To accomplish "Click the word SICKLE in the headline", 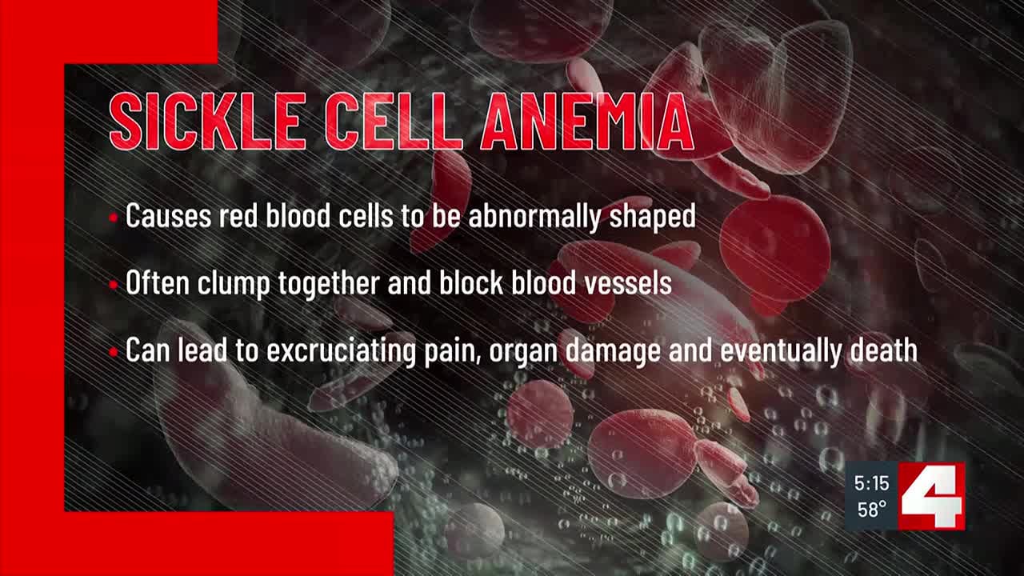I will pos(205,122).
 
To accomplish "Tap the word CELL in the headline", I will pos(392,122).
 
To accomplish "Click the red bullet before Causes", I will pos(114,217).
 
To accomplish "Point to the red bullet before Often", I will pos(114,284).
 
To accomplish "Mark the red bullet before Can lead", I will pos(114,352).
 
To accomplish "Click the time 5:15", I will pos(871,483).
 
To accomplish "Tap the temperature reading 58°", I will pos(871,509).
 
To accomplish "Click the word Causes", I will pos(170,217).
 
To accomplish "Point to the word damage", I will pos(614,353).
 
